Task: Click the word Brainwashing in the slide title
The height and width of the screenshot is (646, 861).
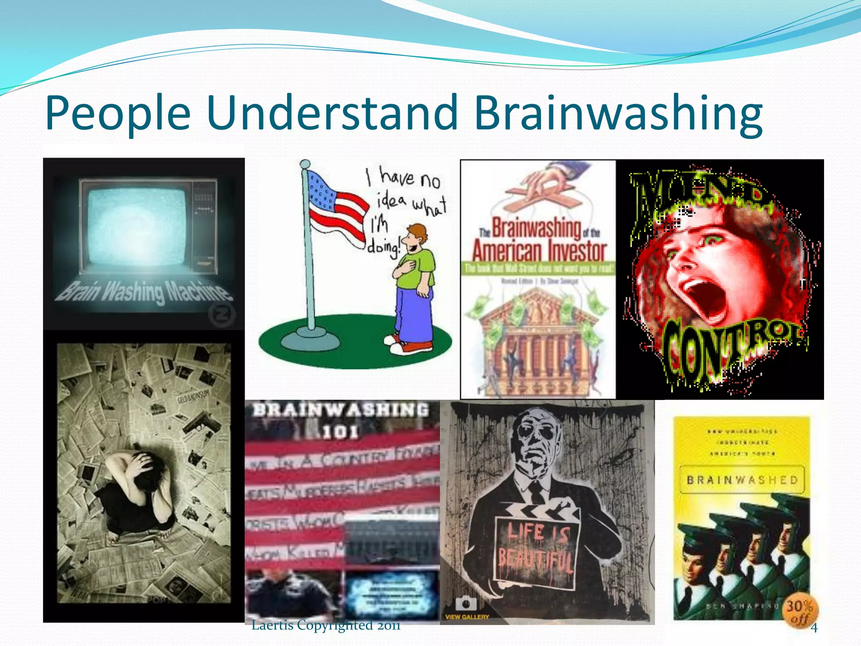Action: click(x=618, y=113)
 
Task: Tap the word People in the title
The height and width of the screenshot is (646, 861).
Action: click(x=118, y=113)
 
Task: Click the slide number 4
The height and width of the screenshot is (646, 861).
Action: click(x=814, y=628)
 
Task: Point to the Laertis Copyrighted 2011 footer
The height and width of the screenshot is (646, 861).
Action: click(x=326, y=625)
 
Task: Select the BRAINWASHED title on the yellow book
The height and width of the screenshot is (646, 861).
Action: click(x=742, y=480)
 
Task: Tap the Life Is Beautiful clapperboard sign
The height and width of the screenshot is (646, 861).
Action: click(x=536, y=547)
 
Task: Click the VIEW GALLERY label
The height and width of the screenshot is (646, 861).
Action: click(x=467, y=617)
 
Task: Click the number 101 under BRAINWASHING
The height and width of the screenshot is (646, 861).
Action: click(x=341, y=432)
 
